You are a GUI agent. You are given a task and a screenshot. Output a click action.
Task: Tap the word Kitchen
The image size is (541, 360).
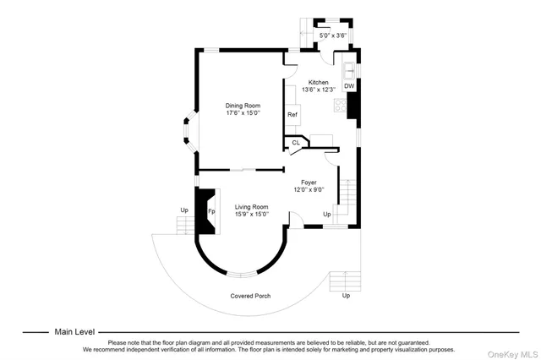click(x=318, y=82)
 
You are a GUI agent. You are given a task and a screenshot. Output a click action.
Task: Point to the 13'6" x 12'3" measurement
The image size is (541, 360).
click(x=318, y=90)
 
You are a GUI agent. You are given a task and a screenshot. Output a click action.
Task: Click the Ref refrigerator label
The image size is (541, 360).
click(x=292, y=114)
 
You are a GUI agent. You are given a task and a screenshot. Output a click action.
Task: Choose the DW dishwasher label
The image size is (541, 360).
click(x=349, y=86)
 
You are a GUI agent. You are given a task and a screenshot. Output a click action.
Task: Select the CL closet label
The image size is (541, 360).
click(x=296, y=143)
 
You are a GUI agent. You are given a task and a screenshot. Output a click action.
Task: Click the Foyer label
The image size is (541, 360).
click(x=308, y=182)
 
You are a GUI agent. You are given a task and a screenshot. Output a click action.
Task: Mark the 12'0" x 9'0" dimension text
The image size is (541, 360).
click(x=308, y=189)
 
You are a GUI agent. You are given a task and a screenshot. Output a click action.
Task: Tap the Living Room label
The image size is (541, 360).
click(x=251, y=207)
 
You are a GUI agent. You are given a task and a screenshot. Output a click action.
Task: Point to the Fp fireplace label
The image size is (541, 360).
click(x=212, y=210)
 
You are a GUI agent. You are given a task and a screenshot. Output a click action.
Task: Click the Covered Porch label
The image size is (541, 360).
click(x=250, y=296)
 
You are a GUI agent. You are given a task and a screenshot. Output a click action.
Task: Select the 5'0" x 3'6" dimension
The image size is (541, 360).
click(x=330, y=35)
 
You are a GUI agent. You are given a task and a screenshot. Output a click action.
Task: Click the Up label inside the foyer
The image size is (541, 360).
click(x=327, y=214)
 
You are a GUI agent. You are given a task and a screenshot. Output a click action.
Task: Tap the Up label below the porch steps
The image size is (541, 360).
click(x=345, y=296)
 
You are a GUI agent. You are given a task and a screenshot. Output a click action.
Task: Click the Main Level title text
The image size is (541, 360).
click(x=75, y=332)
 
